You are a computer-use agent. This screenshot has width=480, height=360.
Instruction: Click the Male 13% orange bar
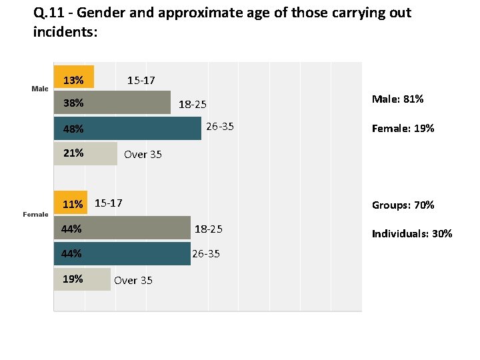tap(74, 77)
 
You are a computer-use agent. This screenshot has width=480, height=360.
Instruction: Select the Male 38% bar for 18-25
tap(112, 103)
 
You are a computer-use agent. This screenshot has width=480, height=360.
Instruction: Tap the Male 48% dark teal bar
tap(127, 129)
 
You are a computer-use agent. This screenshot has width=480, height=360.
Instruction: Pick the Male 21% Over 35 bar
tap(85, 153)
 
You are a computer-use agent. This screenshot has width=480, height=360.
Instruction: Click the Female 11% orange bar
tap(70, 203)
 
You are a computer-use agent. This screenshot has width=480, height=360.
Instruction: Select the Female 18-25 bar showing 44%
tap(121, 229)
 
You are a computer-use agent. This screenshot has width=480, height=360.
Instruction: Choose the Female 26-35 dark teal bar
tap(121, 254)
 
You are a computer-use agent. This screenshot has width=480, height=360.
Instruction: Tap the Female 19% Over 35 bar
tap(82, 279)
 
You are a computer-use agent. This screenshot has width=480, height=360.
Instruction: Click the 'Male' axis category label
tap(40, 89)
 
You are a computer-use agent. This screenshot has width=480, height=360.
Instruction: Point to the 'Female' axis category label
tap(35, 214)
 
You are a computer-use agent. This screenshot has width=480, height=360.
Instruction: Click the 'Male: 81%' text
tap(397, 99)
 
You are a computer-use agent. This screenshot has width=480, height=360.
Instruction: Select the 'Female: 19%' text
tap(403, 128)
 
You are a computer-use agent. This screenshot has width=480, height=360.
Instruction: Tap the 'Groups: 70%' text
tap(403, 205)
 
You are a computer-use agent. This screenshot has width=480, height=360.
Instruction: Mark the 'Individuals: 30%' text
tap(412, 233)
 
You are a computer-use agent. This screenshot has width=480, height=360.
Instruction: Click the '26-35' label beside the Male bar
tap(219, 127)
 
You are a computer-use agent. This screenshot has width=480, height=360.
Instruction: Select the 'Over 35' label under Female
tap(133, 281)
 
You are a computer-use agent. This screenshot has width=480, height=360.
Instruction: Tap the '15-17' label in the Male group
tap(141, 81)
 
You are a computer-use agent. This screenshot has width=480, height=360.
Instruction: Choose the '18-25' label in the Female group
tap(208, 229)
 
